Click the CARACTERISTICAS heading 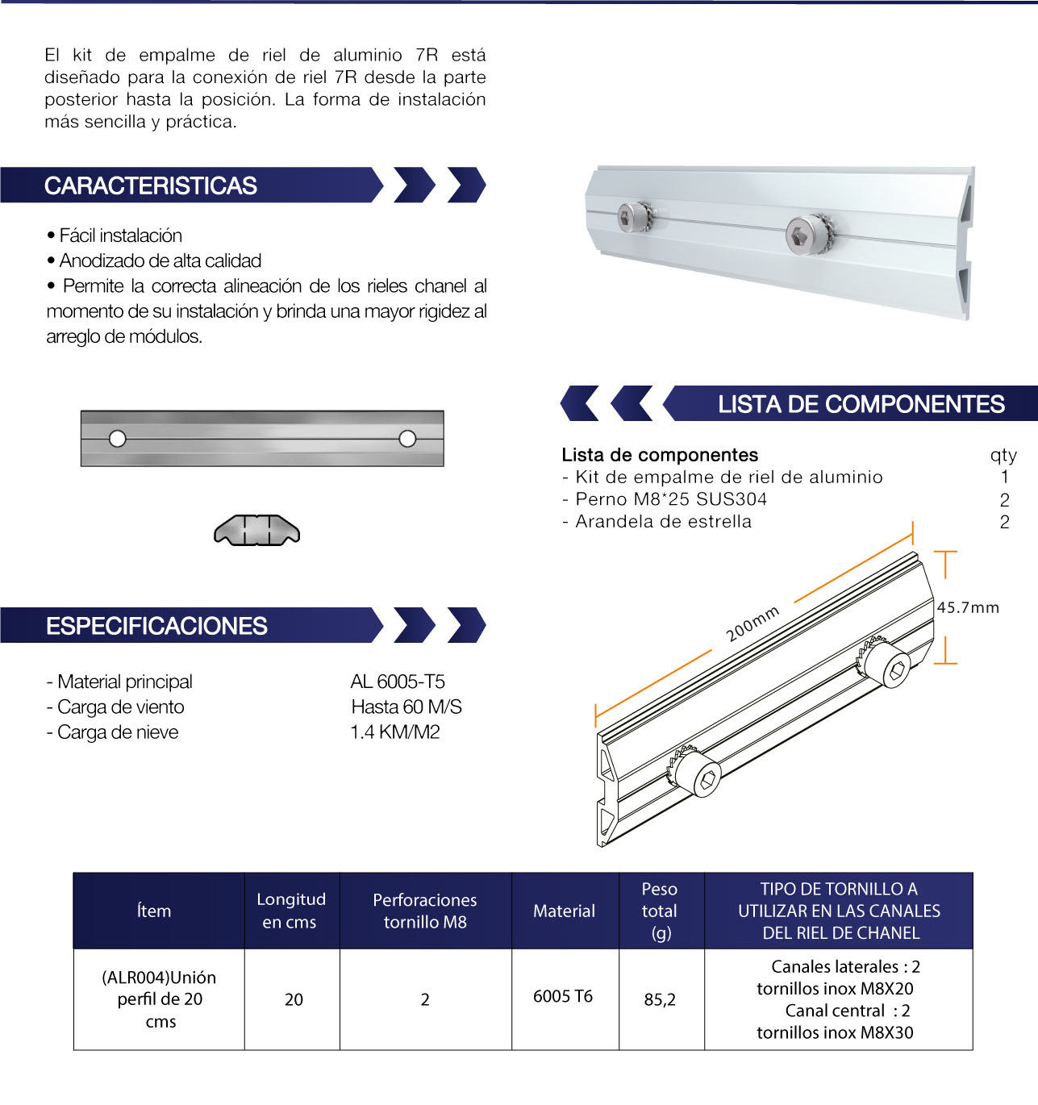(151, 186)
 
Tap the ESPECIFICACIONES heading (156, 626)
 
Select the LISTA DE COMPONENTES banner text (861, 404)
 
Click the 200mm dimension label (752, 623)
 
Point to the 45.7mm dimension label (968, 607)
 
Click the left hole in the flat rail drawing (118, 439)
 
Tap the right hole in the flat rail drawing (407, 439)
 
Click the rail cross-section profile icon (256, 530)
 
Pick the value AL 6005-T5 (398, 682)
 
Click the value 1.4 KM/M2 (395, 732)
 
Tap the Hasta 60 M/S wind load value (406, 707)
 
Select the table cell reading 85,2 (660, 999)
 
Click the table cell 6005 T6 (563, 996)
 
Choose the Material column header (564, 911)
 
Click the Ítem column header (154, 911)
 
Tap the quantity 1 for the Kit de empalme (1004, 477)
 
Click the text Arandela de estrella (664, 522)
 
